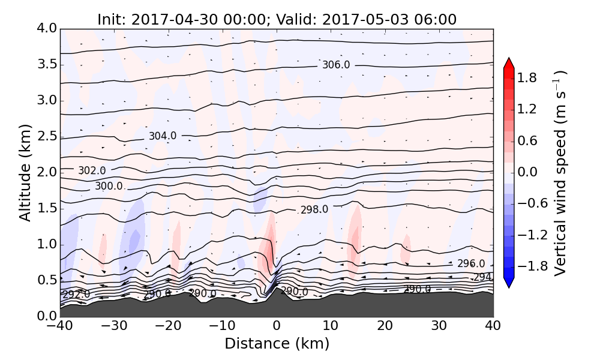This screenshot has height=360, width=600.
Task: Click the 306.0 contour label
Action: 336,65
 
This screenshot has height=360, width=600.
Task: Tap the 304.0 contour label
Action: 163,136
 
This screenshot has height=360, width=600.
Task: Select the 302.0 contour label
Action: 92,171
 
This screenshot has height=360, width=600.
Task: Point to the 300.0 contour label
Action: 109,186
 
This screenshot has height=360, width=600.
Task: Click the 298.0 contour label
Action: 314,209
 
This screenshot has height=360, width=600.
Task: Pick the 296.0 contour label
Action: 471,263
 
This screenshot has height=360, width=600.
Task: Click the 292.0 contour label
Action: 76,295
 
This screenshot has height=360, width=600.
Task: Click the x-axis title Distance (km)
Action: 277,344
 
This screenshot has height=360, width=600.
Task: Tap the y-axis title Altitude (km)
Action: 25,172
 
